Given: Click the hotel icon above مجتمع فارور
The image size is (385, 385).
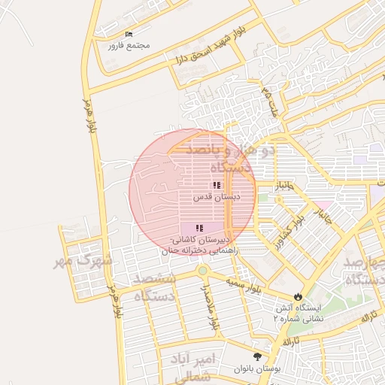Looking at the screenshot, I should coord(129,35).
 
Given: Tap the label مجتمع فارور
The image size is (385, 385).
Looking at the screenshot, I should coord(129,45).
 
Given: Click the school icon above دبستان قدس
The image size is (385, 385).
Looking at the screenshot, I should coord(217,185).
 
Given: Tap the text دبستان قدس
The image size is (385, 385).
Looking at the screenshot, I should coord(217,196).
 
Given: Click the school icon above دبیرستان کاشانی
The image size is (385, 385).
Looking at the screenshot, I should coord(199,228).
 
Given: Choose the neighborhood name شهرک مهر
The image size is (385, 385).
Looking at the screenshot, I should coord(83,261).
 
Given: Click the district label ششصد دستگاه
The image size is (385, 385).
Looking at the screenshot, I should coord(155,287).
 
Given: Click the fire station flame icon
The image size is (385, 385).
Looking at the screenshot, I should coord(299,296).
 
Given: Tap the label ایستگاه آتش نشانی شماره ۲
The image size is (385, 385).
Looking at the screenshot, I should coord(301,313).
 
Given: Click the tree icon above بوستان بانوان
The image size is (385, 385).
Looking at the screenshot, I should coord(258,357).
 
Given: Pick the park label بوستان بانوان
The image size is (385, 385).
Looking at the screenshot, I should coord(258,369).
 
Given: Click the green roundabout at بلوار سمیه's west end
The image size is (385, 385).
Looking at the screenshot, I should coord(202,271).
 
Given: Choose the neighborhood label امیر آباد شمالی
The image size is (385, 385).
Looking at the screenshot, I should coord(194,365).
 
